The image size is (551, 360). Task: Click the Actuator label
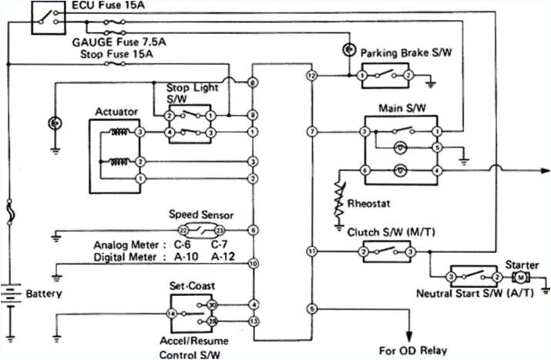point(116,112)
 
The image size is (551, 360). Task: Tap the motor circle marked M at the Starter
point(521,277)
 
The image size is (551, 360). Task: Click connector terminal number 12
point(311,76)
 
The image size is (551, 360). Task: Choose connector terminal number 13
point(254,320)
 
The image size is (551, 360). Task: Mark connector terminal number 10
point(254,264)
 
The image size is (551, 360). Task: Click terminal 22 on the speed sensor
point(183,230)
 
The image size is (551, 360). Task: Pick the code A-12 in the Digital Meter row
point(223,257)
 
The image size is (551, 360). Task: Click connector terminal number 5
point(311,308)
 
